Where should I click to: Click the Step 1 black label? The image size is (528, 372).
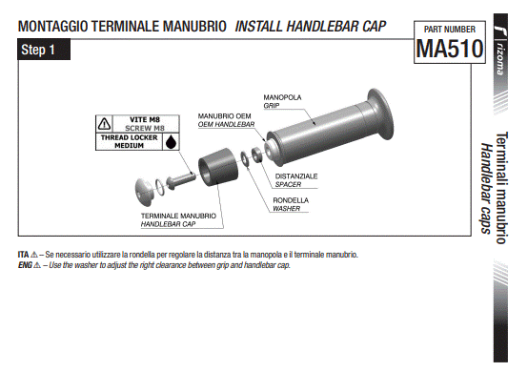pyautogui.click(x=44, y=50)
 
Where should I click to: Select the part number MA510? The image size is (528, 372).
pyautogui.click(x=450, y=49)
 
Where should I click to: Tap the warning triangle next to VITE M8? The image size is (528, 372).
pyautogui.click(x=105, y=124)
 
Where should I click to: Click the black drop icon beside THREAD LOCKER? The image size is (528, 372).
pyautogui.click(x=171, y=142)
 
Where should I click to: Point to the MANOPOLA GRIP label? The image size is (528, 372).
pyautogui.click(x=282, y=101)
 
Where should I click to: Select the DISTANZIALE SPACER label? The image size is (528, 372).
pyautogui.click(x=296, y=180)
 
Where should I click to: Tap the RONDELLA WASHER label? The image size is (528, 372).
pyautogui.click(x=291, y=204)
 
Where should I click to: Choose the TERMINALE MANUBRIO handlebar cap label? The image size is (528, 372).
pyautogui.click(x=178, y=219)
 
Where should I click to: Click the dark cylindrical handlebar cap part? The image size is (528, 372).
pyautogui.click(x=218, y=167)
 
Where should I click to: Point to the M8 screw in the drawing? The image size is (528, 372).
pyautogui.click(x=180, y=180)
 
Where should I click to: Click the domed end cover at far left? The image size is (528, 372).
pyautogui.click(x=144, y=192)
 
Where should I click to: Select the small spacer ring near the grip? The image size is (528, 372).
pyautogui.click(x=257, y=155)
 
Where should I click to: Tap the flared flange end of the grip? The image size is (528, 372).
pyautogui.click(x=380, y=114)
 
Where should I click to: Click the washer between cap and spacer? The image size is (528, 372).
pyautogui.click(x=245, y=158)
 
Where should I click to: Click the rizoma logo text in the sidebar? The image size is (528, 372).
pyautogui.click(x=500, y=59)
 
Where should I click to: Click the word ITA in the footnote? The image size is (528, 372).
pyautogui.click(x=23, y=255)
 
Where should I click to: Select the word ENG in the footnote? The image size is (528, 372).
pyautogui.click(x=25, y=265)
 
